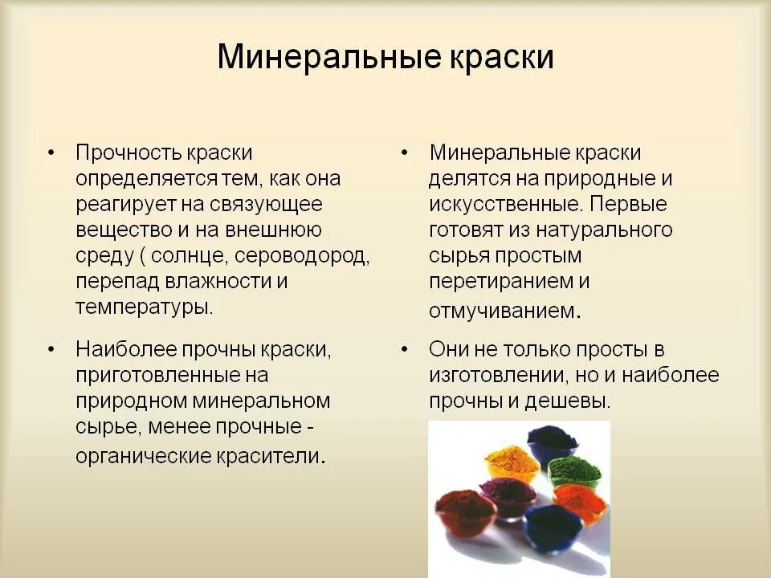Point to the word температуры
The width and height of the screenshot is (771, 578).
tap(144, 307)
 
